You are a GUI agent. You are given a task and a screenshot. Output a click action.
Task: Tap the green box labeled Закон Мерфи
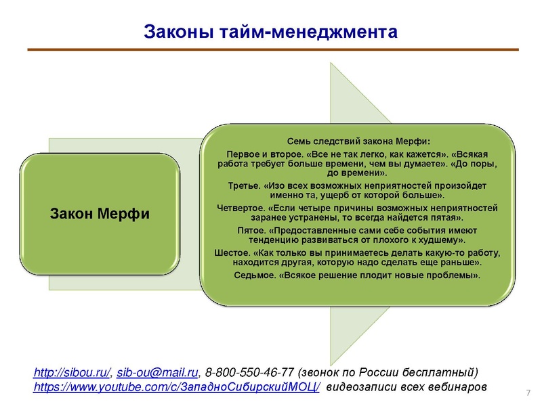click(x=100, y=215)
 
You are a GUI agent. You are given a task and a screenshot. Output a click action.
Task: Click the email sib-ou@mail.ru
click(x=157, y=372)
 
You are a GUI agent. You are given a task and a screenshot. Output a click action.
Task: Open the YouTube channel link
click(x=178, y=387)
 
